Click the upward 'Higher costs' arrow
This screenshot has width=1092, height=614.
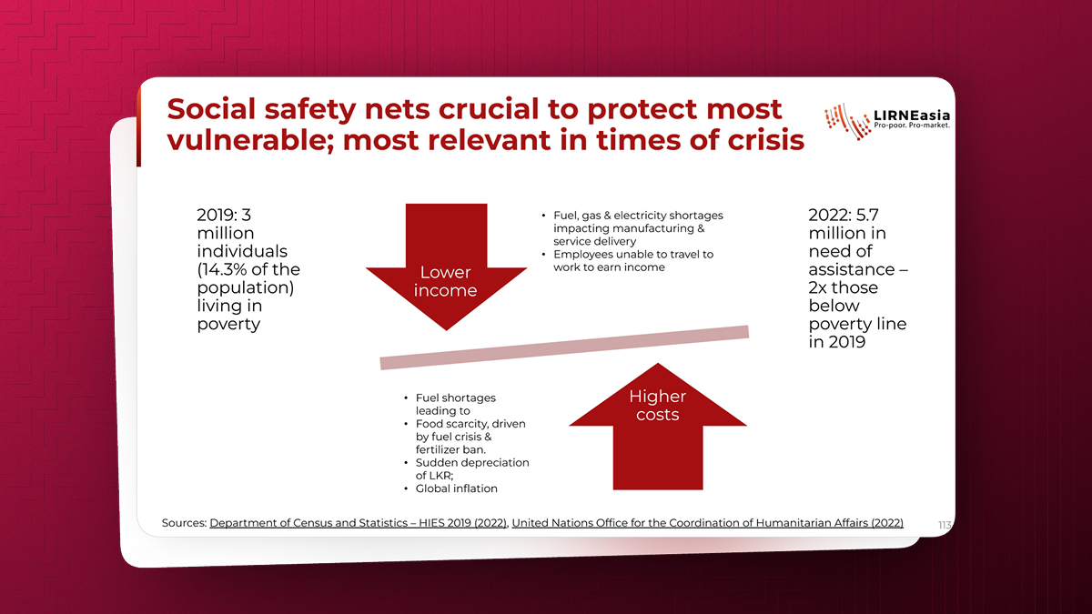click(658, 428)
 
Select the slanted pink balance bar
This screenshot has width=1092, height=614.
click(564, 347)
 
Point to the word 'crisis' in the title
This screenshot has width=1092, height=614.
click(766, 140)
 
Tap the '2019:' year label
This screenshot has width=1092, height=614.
click(217, 215)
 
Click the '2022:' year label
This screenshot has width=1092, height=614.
click(829, 215)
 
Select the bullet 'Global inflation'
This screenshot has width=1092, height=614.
click(456, 488)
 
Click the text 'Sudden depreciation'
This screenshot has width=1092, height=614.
click(472, 462)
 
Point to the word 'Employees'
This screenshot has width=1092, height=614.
click(581, 255)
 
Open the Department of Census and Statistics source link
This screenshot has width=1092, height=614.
click(359, 523)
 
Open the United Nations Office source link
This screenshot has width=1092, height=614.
click(707, 523)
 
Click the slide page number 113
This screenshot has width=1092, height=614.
click(945, 525)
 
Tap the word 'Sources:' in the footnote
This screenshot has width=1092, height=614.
click(184, 523)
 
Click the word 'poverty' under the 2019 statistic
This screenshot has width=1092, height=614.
click(228, 325)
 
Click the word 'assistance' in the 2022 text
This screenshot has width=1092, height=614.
click(852, 269)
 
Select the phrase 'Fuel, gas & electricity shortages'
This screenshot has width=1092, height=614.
click(638, 216)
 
